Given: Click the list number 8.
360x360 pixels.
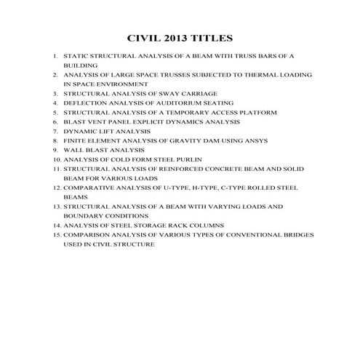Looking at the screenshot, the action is [55, 140].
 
